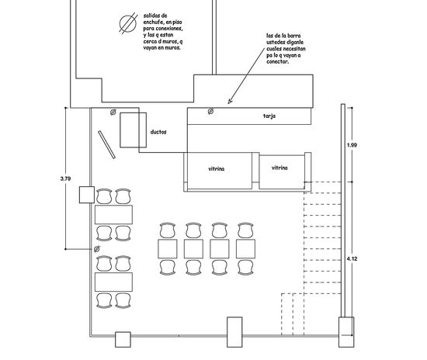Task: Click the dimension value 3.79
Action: (x=65, y=178)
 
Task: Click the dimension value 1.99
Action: (x=352, y=145)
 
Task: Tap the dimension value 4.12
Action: (x=352, y=259)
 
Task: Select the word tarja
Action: (x=269, y=116)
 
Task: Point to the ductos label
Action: (x=158, y=132)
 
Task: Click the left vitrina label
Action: (x=217, y=169)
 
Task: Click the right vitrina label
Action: (x=279, y=168)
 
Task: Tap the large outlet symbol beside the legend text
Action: (x=128, y=23)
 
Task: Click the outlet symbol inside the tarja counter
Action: (x=210, y=111)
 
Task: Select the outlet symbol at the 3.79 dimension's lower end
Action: (x=97, y=249)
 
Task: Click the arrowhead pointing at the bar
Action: (x=230, y=102)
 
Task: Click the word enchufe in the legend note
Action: (x=153, y=22)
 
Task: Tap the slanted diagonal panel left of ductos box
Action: (x=107, y=144)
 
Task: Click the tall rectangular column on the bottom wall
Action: (x=234, y=332)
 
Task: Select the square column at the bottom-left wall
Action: (x=123, y=339)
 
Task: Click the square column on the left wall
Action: (x=87, y=195)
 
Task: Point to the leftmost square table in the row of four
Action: (x=168, y=249)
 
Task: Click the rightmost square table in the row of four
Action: (x=245, y=249)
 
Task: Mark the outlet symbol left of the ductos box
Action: (x=113, y=112)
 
